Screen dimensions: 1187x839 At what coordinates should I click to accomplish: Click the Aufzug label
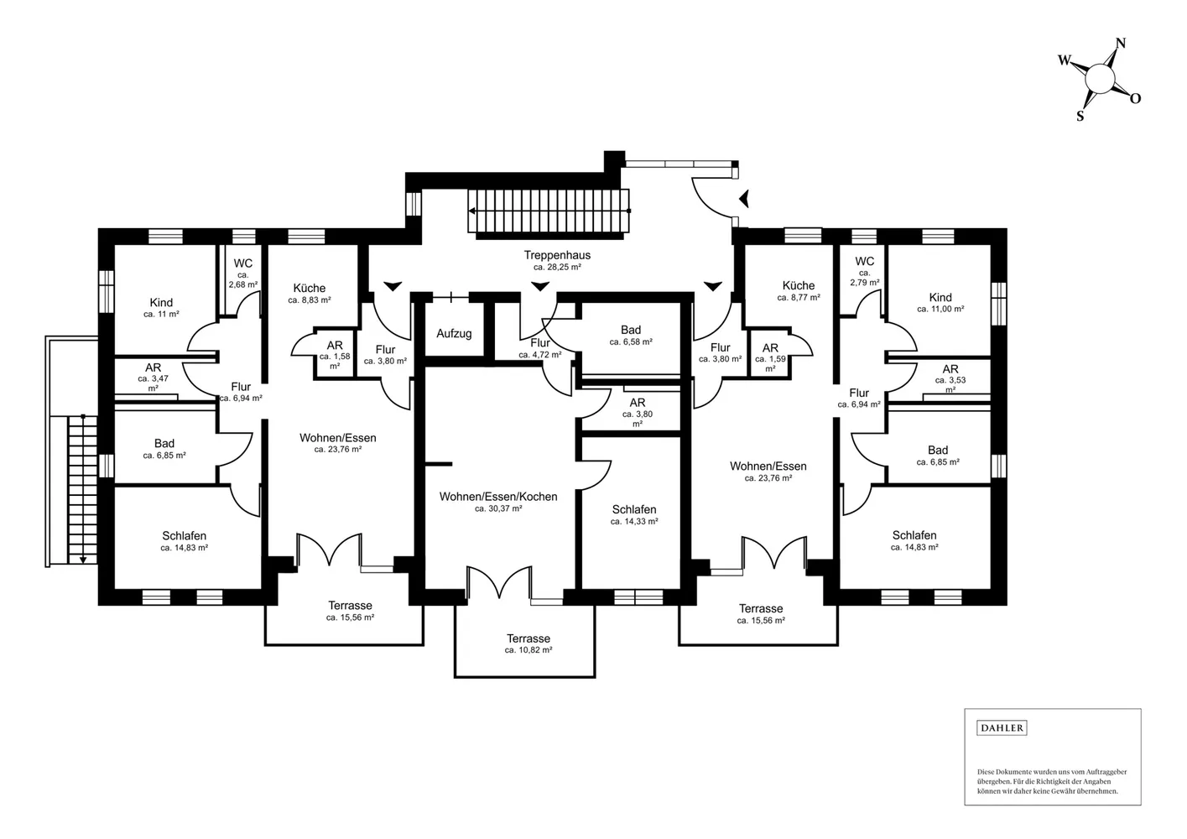tap(454, 334)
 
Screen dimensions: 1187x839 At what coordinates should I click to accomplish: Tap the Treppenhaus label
tap(557, 255)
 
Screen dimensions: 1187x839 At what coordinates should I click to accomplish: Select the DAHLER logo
tap(1002, 727)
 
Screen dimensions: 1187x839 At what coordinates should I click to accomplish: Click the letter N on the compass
tap(1120, 44)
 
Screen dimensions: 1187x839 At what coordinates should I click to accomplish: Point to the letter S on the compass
tap(1080, 116)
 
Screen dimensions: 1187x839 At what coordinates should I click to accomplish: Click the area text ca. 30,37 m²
tap(498, 508)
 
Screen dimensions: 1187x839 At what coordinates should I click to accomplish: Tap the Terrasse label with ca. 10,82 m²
tap(528, 638)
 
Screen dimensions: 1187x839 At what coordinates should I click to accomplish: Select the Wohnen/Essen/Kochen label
tap(498, 497)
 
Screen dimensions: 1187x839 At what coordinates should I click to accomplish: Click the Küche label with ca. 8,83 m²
tap(310, 288)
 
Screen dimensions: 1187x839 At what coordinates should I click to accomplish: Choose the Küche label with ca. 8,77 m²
tap(799, 285)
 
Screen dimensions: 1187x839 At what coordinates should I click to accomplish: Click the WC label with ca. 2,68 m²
tap(243, 263)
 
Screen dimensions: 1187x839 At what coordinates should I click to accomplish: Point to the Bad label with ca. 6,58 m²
tap(631, 331)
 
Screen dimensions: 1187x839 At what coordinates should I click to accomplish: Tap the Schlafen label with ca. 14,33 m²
tap(634, 509)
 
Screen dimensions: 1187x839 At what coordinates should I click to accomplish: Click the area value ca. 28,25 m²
tap(557, 267)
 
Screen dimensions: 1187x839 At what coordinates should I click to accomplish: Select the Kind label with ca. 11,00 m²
tap(940, 297)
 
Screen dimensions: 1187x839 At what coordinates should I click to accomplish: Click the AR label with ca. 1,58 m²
tap(335, 346)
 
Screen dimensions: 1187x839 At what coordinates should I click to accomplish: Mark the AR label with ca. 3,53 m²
tap(950, 369)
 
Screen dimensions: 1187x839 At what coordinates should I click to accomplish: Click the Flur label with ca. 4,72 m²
tap(540, 343)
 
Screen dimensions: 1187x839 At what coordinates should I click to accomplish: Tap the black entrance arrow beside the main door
tap(744, 199)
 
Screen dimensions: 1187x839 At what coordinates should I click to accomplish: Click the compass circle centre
tap(1101, 80)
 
